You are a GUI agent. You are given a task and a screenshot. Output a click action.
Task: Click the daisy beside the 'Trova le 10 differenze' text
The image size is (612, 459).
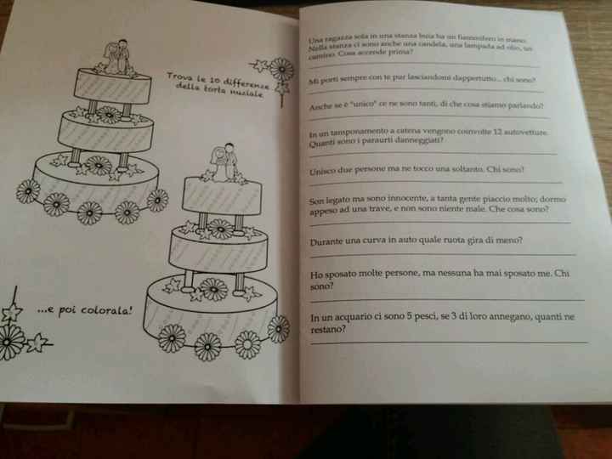click(x=280, y=70)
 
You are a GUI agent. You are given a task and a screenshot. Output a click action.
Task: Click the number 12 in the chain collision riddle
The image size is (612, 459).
click(x=491, y=133)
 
